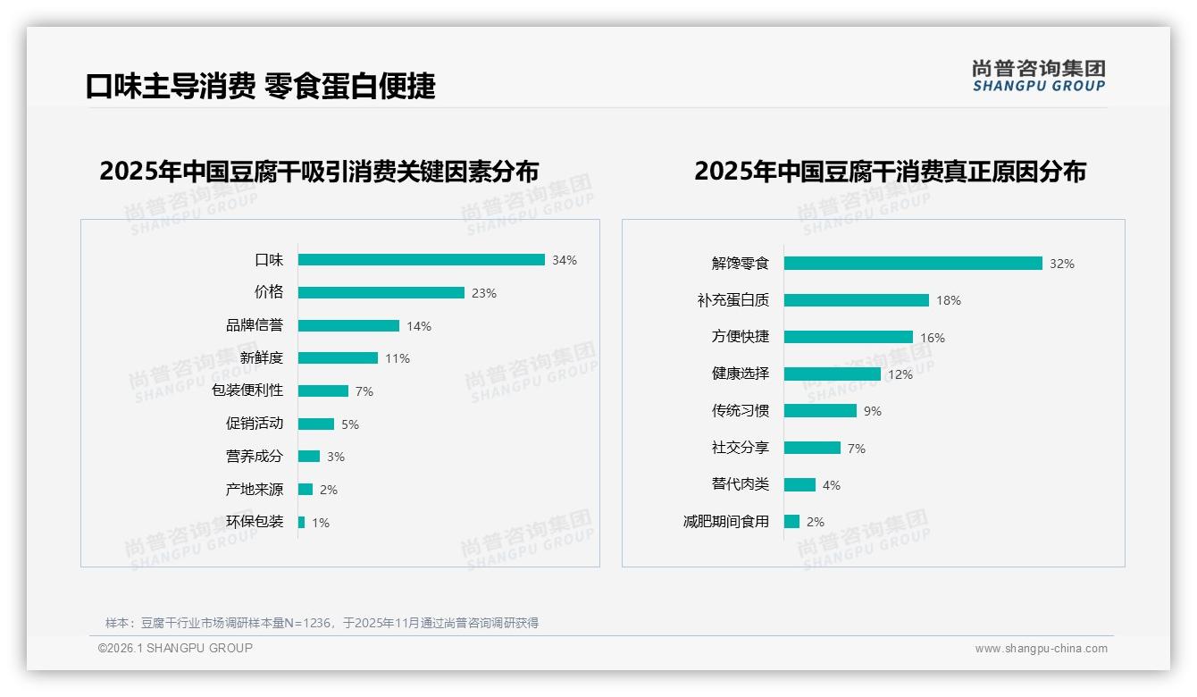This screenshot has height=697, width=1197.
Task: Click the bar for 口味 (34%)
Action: click(421, 260)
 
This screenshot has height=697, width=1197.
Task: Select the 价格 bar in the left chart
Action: click(381, 293)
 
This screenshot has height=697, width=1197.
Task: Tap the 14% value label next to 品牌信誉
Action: click(419, 326)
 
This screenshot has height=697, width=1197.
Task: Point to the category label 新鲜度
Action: click(262, 358)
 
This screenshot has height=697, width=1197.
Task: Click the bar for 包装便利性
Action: click(322, 391)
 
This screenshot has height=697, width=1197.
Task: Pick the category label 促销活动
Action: click(255, 424)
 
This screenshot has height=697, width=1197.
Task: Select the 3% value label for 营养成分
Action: click(336, 457)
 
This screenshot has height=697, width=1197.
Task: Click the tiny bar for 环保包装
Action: click(301, 522)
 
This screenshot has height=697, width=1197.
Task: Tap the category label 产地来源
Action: click(255, 490)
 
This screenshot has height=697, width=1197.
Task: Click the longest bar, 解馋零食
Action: click(913, 264)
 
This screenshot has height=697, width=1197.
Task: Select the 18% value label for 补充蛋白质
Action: click(949, 301)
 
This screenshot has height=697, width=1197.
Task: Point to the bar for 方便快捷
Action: click(848, 337)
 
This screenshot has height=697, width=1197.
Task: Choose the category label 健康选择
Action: click(741, 374)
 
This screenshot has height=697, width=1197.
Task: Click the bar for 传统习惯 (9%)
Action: click(820, 411)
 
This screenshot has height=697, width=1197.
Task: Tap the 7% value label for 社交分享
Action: click(856, 449)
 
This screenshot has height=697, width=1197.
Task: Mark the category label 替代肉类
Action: click(741, 484)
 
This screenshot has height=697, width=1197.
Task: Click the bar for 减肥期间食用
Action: click(791, 521)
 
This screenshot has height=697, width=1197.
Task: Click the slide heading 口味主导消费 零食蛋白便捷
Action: click(260, 86)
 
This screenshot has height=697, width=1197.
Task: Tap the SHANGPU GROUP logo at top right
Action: click(1039, 75)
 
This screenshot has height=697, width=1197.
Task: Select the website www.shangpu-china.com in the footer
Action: click(1041, 649)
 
